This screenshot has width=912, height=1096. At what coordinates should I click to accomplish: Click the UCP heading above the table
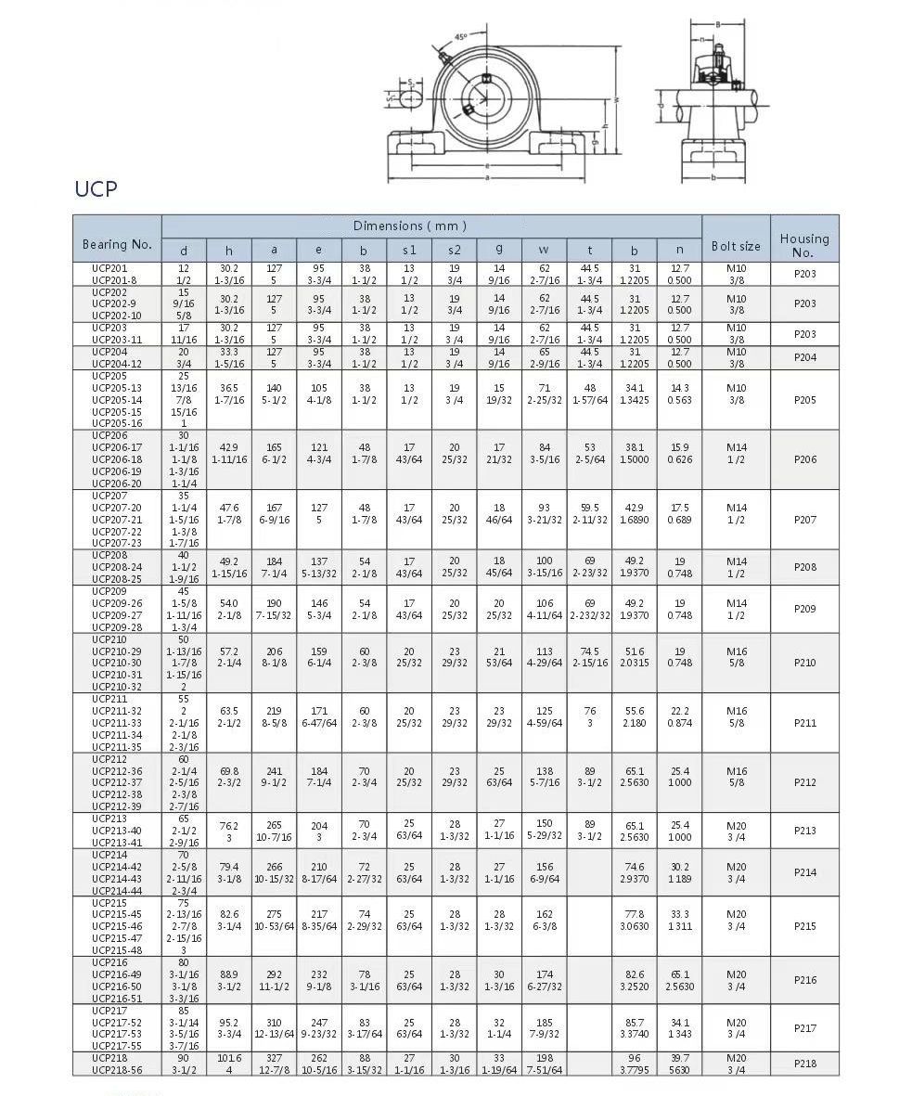click(96, 189)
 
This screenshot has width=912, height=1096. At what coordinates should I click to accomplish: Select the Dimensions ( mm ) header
click(409, 226)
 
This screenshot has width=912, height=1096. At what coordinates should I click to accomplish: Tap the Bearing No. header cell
click(117, 244)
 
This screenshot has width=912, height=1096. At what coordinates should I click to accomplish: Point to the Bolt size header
click(736, 246)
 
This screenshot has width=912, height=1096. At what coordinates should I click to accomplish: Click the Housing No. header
click(803, 245)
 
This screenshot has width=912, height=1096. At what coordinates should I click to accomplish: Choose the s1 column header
click(409, 250)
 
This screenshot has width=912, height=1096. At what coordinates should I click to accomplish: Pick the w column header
click(544, 250)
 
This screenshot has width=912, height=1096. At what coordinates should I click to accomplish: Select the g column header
click(499, 250)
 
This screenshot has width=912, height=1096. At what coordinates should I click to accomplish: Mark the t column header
click(590, 250)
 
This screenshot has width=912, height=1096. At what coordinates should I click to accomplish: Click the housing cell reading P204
click(805, 357)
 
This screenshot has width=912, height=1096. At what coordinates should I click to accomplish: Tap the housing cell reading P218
click(805, 1064)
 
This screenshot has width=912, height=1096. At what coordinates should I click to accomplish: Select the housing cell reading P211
click(805, 723)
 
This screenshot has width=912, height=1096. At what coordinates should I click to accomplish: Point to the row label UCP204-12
click(117, 364)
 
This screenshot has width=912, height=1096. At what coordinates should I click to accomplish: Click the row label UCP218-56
click(117, 1069)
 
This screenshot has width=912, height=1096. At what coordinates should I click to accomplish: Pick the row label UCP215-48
click(117, 949)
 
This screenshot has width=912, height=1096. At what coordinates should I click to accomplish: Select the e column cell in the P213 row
click(319, 831)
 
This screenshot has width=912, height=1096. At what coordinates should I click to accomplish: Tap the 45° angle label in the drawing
click(461, 38)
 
